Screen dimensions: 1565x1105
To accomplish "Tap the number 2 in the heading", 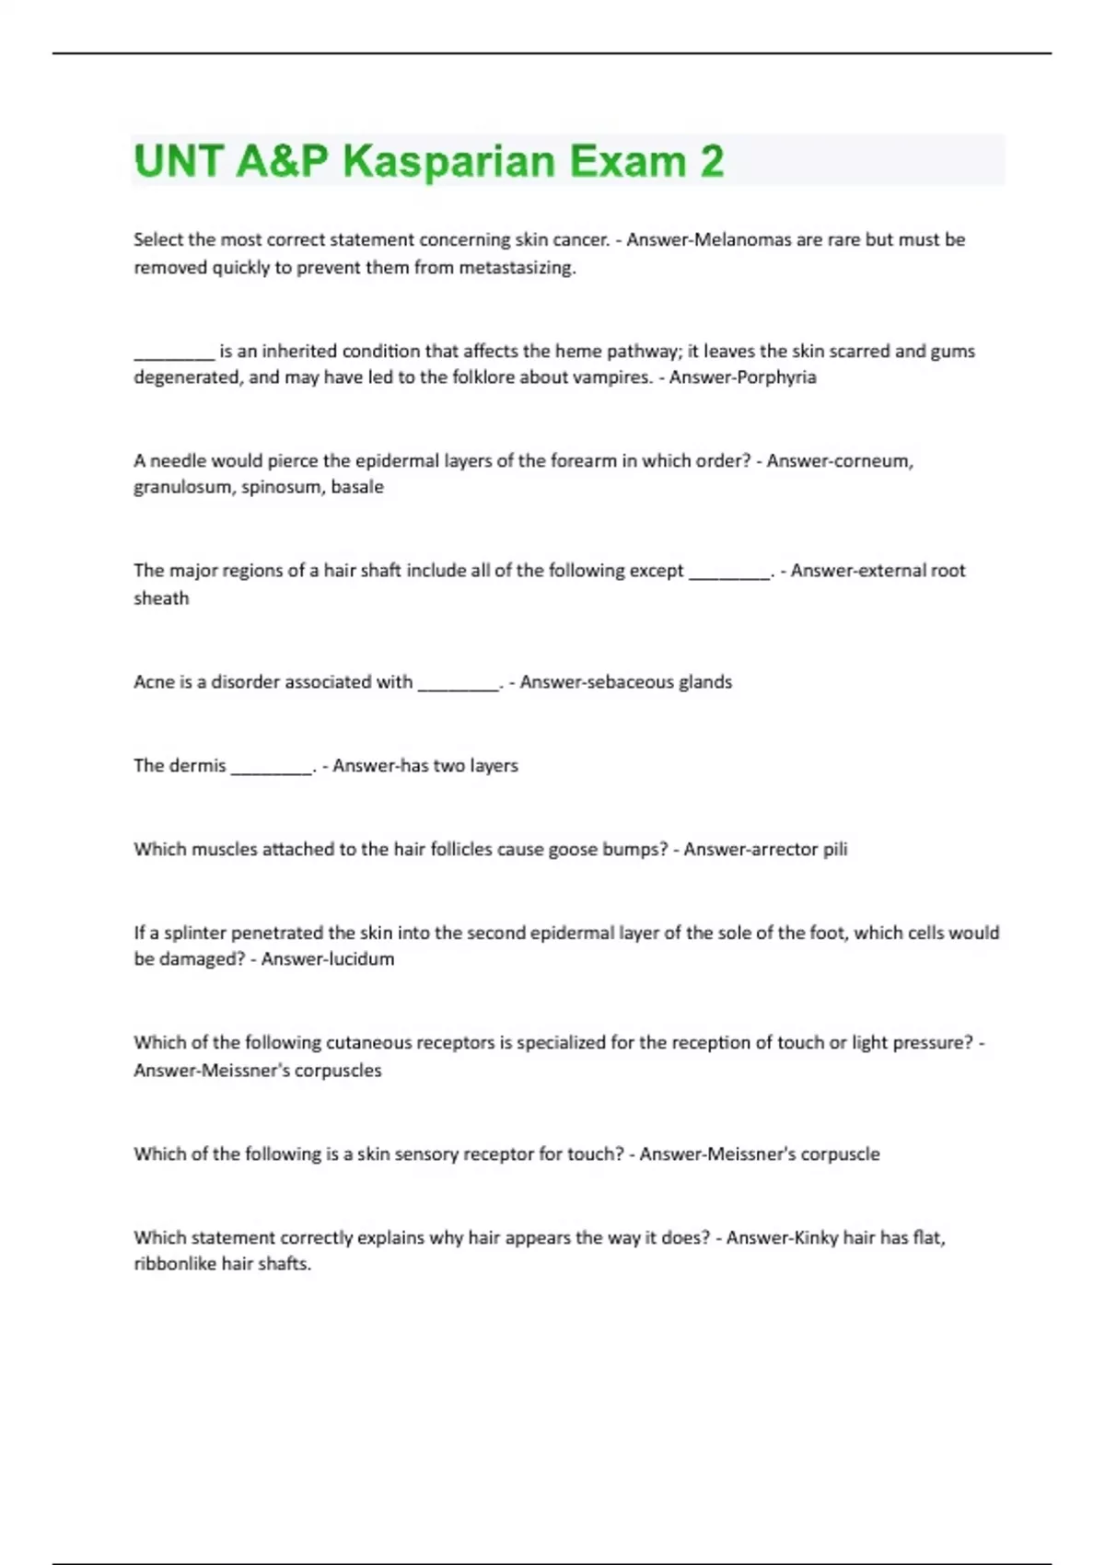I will coord(712,161).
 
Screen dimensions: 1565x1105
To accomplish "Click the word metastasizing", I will coord(517,268).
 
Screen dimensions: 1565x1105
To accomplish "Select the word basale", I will coord(357,487).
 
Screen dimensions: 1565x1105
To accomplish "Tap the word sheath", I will coord(161,598).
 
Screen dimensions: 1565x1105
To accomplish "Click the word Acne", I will coord(154,682).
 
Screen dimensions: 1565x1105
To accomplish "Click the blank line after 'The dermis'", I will coord(272,769).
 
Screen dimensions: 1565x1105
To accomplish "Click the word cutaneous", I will coord(368,1043).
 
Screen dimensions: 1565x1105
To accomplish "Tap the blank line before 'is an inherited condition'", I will coord(174,354).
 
